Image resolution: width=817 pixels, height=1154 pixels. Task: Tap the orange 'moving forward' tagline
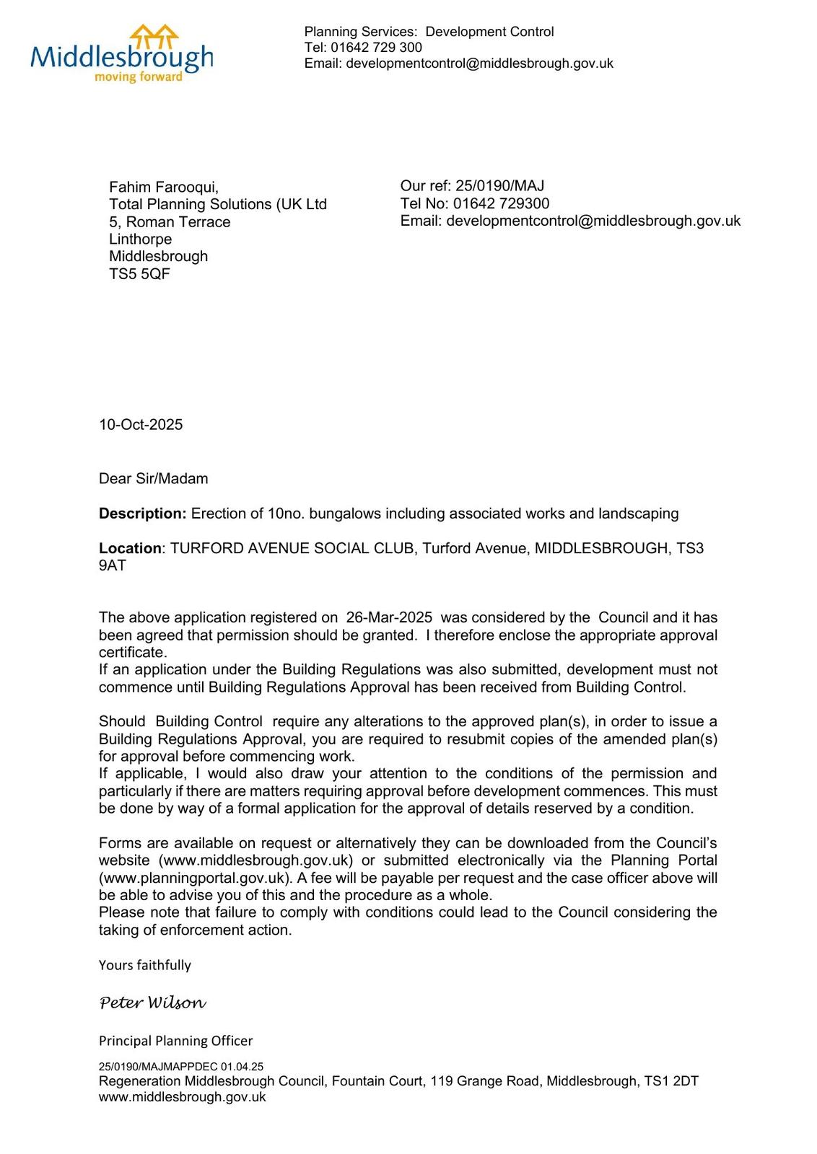point(139,77)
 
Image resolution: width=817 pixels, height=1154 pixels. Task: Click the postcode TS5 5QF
point(139,274)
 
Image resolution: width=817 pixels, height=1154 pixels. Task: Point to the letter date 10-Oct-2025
point(141,425)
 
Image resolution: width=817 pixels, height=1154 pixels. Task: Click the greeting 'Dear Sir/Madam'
point(153,479)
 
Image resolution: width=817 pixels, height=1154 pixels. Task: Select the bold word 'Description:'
point(143,514)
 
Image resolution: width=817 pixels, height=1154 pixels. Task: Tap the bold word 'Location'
point(130,548)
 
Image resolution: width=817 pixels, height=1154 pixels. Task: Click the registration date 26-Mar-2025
point(389,617)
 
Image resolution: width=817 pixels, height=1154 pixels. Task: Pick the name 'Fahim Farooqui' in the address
point(164,188)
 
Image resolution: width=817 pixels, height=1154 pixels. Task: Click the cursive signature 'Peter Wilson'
point(152,1003)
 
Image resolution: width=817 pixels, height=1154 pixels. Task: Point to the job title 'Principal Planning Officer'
point(175,1041)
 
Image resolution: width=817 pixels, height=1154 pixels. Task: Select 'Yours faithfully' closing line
point(144,965)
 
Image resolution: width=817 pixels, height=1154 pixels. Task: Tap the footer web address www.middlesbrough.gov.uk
point(182,1097)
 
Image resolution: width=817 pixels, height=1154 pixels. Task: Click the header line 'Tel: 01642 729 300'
point(363,48)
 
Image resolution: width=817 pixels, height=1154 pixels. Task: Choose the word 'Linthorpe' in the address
point(140,239)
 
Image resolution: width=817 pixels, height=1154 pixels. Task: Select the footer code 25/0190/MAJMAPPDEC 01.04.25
point(180,1066)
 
